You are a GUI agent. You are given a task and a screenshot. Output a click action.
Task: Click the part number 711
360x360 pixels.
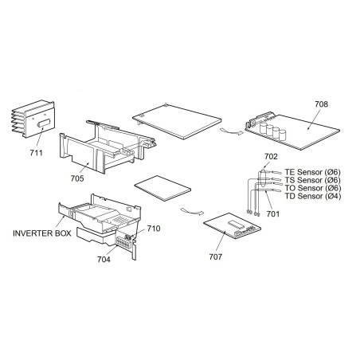click(x=36, y=153)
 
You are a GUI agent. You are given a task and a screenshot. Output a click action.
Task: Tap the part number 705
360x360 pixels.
click(x=77, y=178)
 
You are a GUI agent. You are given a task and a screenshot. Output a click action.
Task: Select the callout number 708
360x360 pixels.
click(x=321, y=104)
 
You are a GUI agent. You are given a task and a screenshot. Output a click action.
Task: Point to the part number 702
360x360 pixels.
click(x=271, y=157)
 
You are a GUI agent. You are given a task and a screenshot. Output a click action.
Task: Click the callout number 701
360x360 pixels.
click(x=273, y=213)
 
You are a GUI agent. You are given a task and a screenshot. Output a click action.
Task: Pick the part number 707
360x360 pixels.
click(x=216, y=256)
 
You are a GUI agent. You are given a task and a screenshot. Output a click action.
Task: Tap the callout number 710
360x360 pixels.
click(x=154, y=229)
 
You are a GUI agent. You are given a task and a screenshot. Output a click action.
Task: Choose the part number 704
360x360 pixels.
click(x=104, y=259)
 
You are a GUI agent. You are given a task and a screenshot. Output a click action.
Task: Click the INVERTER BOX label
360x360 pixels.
click(x=42, y=233)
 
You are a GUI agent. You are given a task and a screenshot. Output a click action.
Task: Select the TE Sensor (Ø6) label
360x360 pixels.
click(x=312, y=172)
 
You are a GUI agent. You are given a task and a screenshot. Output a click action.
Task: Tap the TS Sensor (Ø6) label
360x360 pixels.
click(x=312, y=180)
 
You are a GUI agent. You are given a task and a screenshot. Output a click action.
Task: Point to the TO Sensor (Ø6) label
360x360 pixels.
click(x=312, y=188)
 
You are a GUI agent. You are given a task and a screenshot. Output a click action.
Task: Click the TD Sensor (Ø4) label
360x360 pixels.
click(x=312, y=196)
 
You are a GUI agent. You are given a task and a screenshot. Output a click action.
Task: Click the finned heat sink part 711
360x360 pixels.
click(x=33, y=119)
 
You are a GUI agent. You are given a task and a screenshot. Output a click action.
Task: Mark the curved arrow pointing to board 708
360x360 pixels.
click(x=231, y=131)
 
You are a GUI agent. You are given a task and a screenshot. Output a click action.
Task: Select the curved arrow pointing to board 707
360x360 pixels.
click(x=192, y=211)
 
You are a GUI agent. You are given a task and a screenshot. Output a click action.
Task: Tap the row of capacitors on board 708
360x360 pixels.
click(x=273, y=130)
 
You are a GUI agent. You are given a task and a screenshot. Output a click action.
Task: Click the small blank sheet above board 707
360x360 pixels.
click(x=162, y=188)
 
